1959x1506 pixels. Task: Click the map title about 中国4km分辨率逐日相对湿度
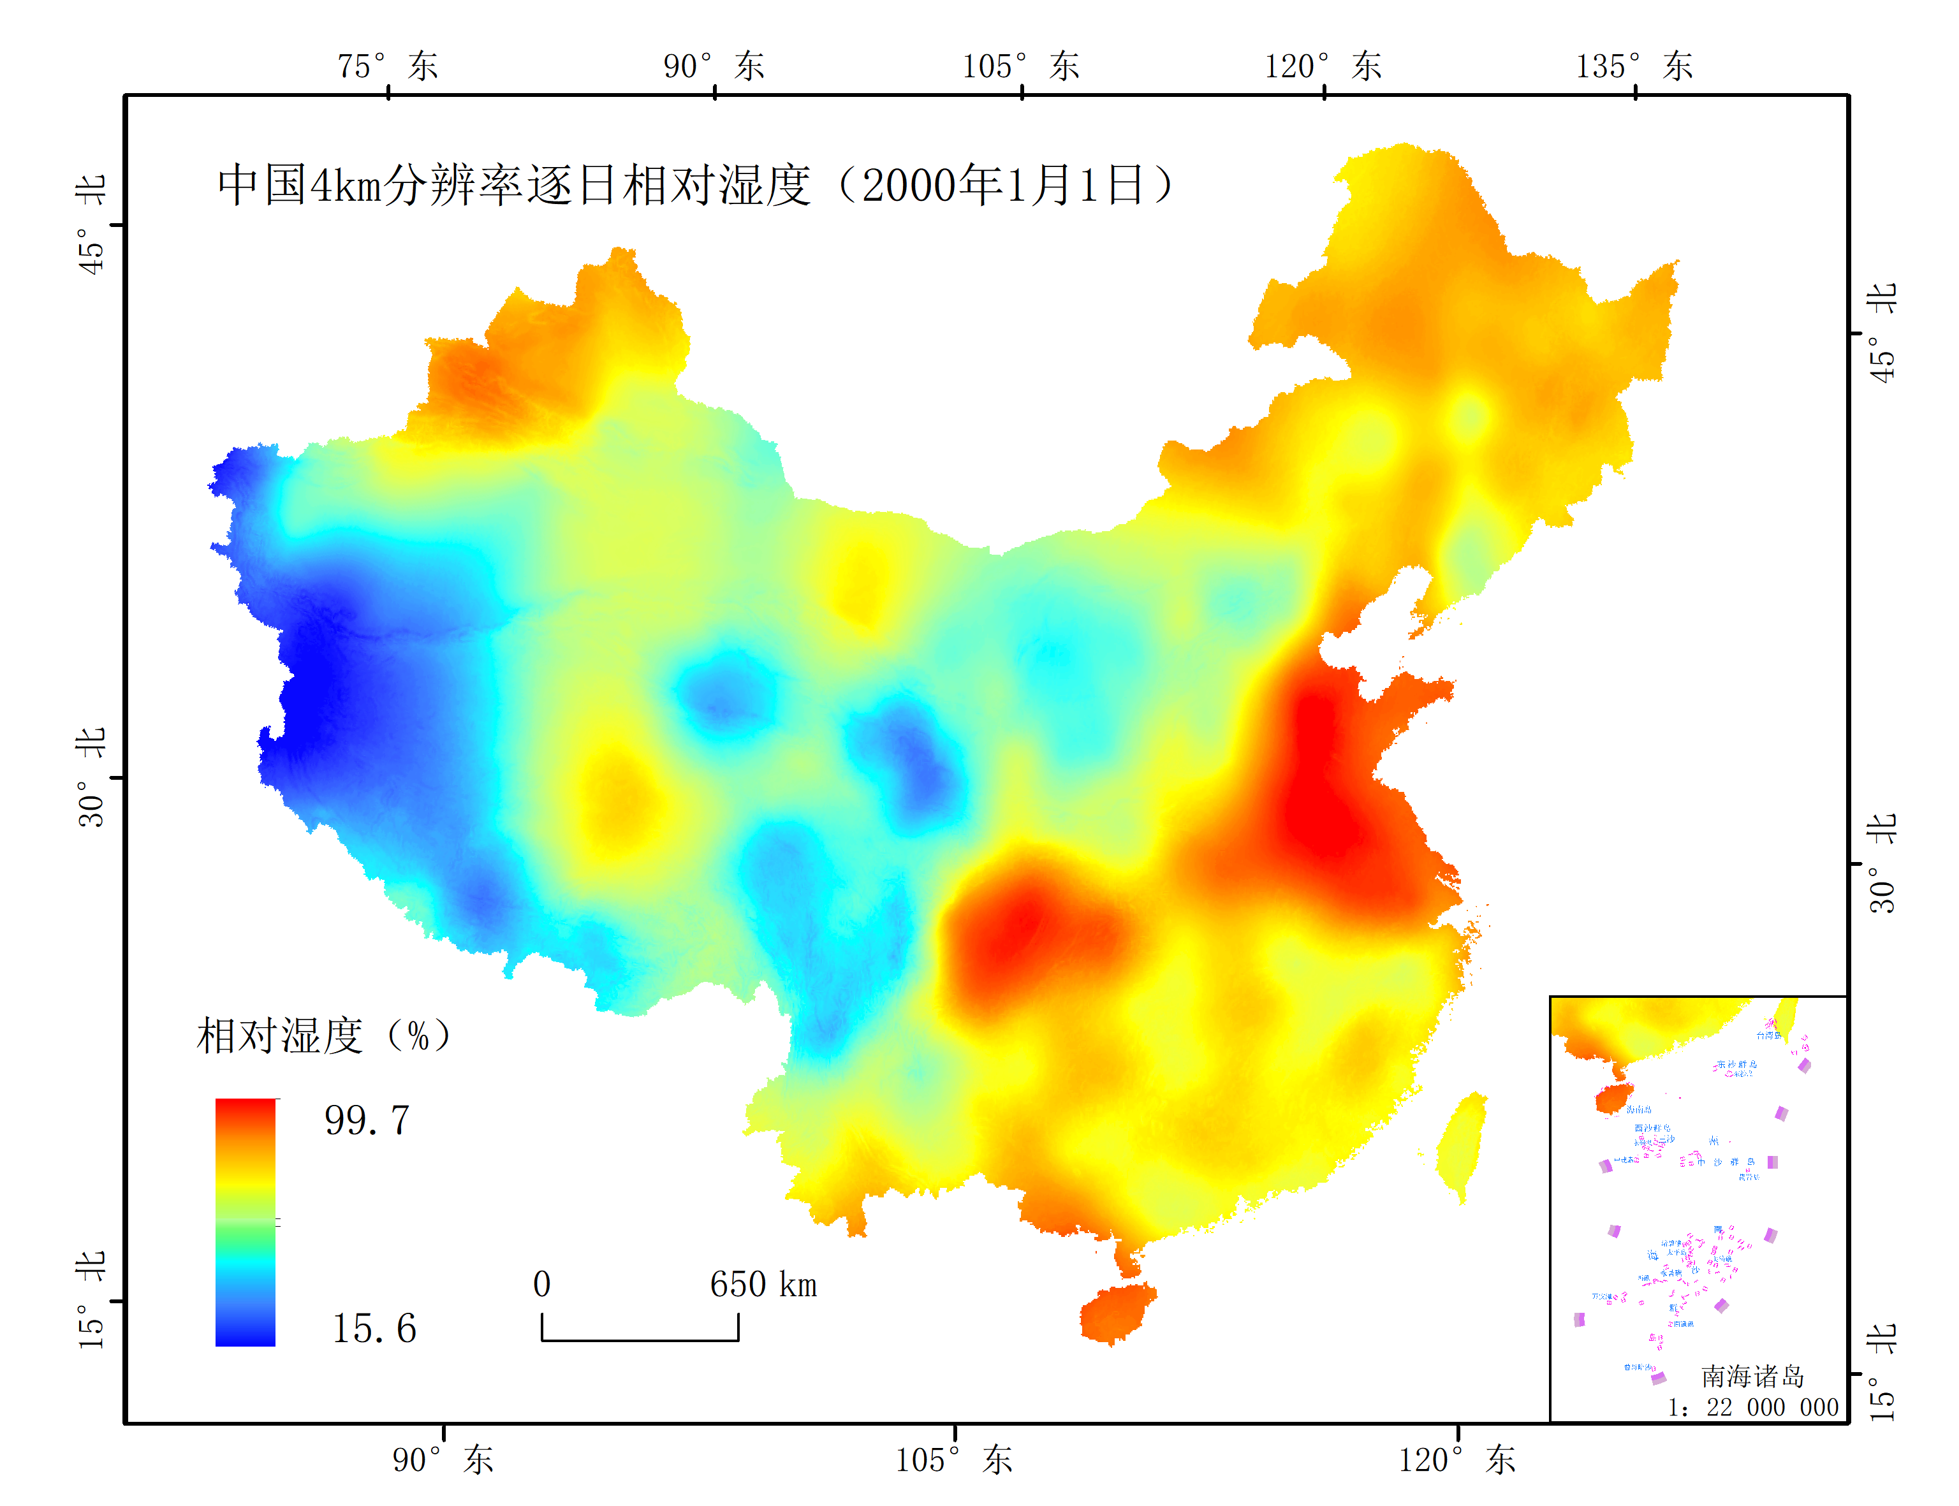click(695, 186)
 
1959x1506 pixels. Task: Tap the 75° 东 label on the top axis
click(387, 66)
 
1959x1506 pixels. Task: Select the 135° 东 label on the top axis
click(1634, 66)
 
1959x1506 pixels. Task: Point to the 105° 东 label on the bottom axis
click(953, 1459)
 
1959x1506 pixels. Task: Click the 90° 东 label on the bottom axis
click(443, 1459)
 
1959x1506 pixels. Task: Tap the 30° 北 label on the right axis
click(1882, 863)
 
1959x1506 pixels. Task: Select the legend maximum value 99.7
click(367, 1120)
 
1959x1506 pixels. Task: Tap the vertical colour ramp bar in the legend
click(245, 1222)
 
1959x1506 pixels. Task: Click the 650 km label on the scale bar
click(763, 1285)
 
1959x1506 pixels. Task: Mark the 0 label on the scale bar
click(541, 1285)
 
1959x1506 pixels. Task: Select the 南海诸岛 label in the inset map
click(1752, 1376)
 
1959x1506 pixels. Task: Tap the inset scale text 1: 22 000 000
click(1752, 1407)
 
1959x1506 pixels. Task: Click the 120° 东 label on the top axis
click(1323, 66)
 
